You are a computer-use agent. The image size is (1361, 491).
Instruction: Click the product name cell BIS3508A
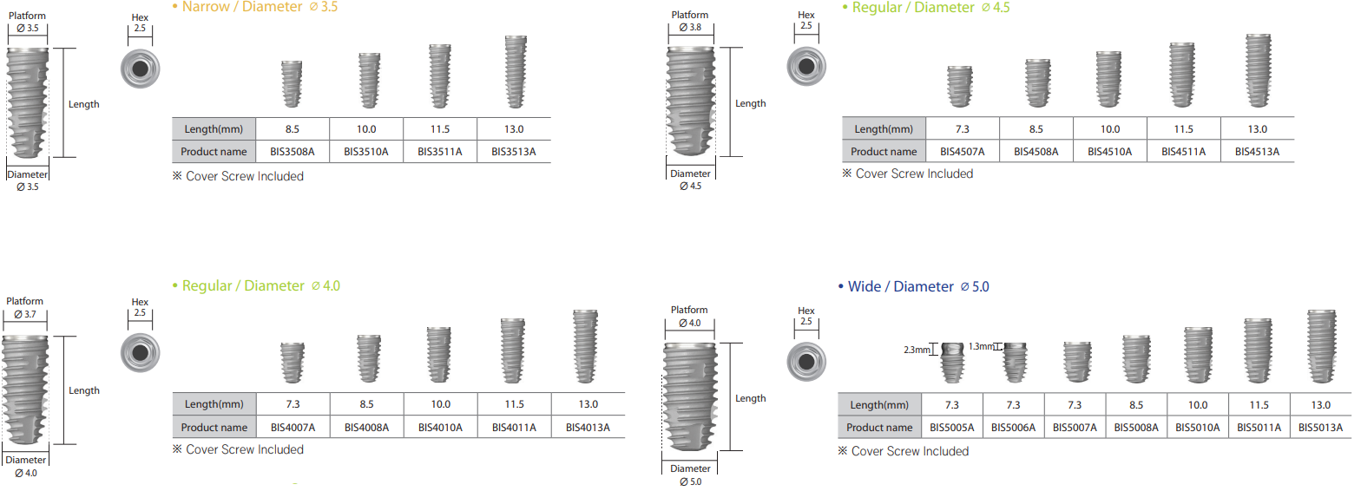(293, 152)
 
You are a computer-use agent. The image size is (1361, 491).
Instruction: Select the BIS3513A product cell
(514, 152)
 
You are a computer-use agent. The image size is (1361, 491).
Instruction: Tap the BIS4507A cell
(963, 152)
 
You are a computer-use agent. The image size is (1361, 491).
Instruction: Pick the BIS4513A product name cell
(1257, 152)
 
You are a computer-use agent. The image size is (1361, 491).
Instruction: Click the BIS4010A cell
(440, 428)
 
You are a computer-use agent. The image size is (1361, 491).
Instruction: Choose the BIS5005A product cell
(952, 428)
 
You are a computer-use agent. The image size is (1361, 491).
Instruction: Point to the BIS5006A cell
(1014, 428)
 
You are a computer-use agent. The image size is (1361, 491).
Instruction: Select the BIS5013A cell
(1320, 428)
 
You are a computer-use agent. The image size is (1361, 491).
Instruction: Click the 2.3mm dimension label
(916, 350)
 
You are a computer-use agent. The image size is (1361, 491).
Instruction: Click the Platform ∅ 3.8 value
(690, 28)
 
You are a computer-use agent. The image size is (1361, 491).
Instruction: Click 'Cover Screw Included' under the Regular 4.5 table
(914, 173)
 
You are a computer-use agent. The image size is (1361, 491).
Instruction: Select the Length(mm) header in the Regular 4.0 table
(214, 404)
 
